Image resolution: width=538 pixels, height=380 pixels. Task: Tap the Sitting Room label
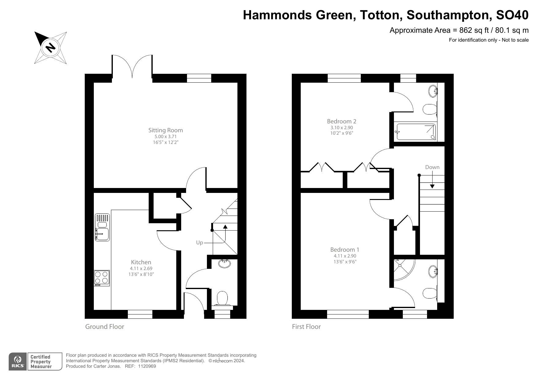click(166, 130)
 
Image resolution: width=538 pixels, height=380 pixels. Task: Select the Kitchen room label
click(141, 262)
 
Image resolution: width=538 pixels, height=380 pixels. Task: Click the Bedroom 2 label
click(341, 121)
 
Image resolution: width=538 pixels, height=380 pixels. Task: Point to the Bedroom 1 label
click(345, 250)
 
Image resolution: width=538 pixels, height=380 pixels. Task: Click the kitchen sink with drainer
click(102, 228)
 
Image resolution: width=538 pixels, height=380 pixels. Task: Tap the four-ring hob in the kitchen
click(102, 277)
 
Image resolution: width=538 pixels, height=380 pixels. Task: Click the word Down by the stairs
click(432, 167)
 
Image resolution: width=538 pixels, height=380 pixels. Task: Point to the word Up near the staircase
click(200, 243)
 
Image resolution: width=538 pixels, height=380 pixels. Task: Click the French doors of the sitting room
click(132, 66)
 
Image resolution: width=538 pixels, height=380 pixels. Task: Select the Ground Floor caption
click(105, 327)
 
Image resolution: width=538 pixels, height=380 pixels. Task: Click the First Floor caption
click(306, 327)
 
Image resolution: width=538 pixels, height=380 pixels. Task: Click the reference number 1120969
click(147, 366)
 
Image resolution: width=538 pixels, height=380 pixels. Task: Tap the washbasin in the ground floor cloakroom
click(225, 264)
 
